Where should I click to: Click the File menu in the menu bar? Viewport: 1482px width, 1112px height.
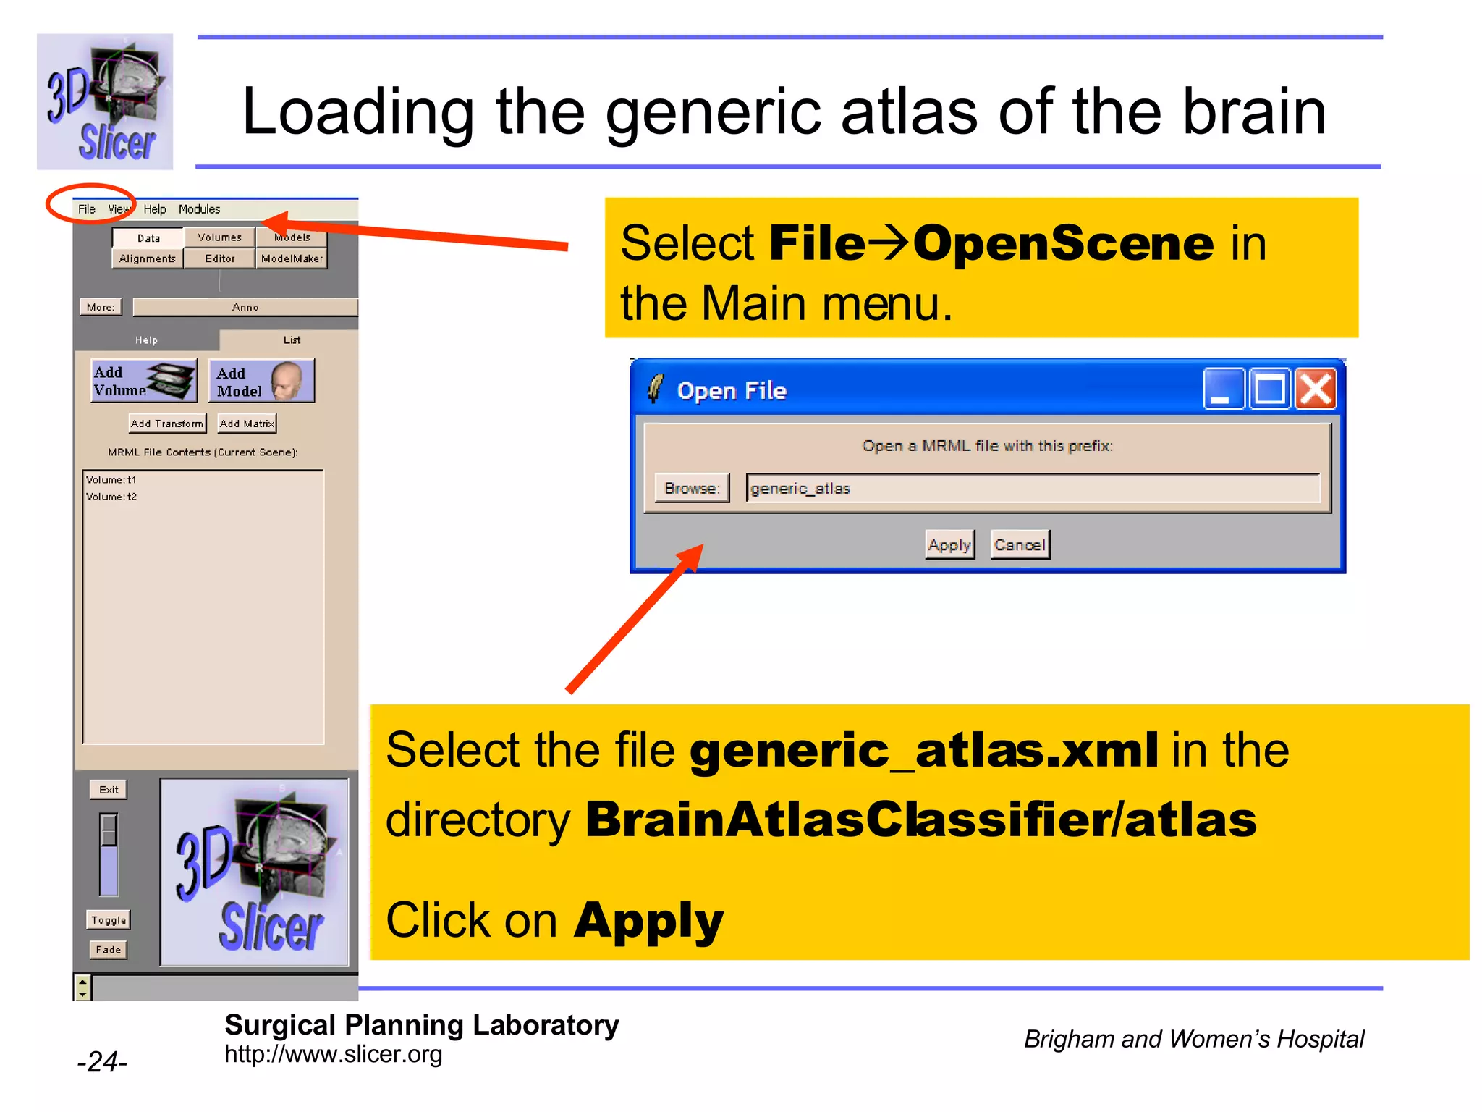[86, 209]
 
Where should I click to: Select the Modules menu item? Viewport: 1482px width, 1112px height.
[199, 209]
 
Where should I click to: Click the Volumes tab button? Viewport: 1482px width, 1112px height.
[219, 237]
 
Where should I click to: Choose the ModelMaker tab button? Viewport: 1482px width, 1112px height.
[292, 258]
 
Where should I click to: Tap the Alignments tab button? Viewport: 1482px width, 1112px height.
[148, 258]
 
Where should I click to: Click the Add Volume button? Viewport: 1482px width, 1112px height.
[144, 381]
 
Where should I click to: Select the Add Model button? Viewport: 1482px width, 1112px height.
[261, 382]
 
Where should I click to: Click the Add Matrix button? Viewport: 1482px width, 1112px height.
[247, 424]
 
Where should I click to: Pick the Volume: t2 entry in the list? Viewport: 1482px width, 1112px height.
[111, 497]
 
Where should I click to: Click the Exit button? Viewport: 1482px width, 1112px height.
[109, 790]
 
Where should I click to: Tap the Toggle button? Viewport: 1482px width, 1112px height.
[109, 920]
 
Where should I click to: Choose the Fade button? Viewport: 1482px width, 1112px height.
[109, 950]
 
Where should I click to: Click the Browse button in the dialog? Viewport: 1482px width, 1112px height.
[692, 488]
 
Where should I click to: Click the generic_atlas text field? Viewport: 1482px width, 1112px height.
[1033, 489]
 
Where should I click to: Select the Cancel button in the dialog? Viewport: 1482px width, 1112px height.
[1020, 545]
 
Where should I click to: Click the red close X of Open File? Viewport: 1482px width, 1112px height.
[1316, 389]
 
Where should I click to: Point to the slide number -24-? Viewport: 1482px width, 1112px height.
[102, 1062]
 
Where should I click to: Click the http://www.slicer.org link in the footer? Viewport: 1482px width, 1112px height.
[333, 1055]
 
